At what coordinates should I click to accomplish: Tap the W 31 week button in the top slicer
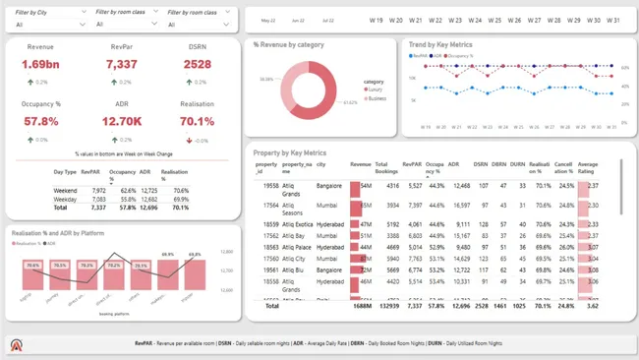pyautogui.click(x=612, y=20)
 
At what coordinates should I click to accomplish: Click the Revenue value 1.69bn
pyautogui.click(x=41, y=65)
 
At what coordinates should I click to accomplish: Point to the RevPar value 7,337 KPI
pyautogui.click(x=121, y=65)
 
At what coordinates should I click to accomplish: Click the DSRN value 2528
pyautogui.click(x=197, y=65)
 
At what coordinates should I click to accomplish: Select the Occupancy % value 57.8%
pyautogui.click(x=41, y=121)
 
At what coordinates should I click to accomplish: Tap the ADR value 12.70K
pyautogui.click(x=121, y=121)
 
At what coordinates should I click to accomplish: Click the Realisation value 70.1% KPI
pyautogui.click(x=197, y=121)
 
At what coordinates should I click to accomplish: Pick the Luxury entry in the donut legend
pyautogui.click(x=376, y=90)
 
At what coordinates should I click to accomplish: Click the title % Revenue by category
pyautogui.click(x=289, y=44)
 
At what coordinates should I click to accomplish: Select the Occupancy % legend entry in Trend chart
pyautogui.click(x=463, y=56)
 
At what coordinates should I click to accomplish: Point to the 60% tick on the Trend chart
pyautogui.click(x=625, y=68)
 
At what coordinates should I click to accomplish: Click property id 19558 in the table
pyautogui.click(x=270, y=185)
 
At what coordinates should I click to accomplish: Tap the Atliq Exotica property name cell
pyautogui.click(x=296, y=224)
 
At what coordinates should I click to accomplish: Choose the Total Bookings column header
pyautogui.click(x=386, y=167)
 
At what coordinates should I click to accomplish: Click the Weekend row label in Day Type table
pyautogui.click(x=65, y=190)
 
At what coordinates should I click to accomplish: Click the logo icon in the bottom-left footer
pyautogui.click(x=17, y=346)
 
